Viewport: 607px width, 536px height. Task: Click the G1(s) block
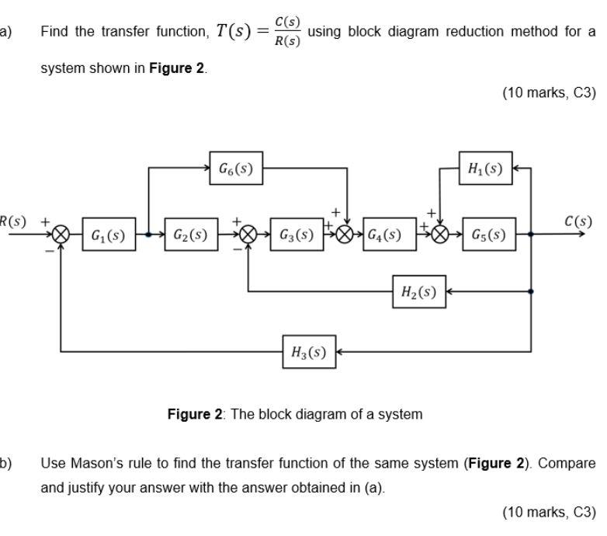point(108,235)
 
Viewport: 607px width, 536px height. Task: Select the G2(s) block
point(189,235)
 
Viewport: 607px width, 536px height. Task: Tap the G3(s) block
point(296,235)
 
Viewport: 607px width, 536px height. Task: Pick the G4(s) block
point(383,235)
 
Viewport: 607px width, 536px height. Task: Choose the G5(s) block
point(488,235)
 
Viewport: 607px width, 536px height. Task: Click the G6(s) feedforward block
point(236,168)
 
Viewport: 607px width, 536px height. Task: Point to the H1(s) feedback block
point(485,168)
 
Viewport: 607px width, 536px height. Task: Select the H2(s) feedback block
point(418,291)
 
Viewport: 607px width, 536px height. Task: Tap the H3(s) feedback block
point(308,352)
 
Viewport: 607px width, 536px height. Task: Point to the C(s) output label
point(578,221)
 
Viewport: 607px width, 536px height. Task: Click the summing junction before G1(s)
point(61,235)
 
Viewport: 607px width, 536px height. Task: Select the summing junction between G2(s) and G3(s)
point(248,235)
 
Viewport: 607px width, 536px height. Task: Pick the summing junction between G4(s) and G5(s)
point(441,235)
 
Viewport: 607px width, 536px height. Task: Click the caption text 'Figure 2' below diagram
point(194,414)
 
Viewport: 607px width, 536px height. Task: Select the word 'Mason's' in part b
point(97,463)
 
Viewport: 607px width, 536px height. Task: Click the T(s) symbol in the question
point(234,32)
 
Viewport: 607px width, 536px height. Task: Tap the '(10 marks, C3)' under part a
point(549,93)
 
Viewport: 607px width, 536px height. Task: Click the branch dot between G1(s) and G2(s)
point(148,235)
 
